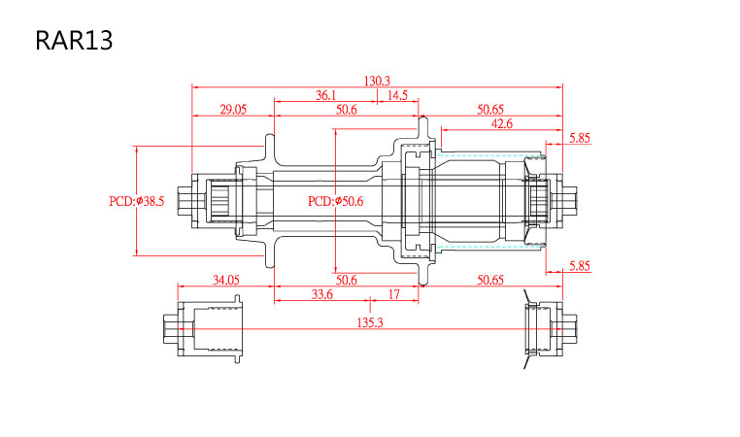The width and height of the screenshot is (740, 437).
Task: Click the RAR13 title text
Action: pyautogui.click(x=74, y=41)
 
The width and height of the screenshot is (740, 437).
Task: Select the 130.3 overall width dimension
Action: pyautogui.click(x=377, y=82)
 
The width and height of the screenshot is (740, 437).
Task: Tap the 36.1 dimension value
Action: pyautogui.click(x=325, y=95)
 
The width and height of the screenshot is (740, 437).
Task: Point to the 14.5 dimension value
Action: pyautogui.click(x=397, y=95)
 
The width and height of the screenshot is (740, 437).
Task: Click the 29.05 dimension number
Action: pyautogui.click(x=233, y=110)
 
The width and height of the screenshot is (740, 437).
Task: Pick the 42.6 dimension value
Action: pyautogui.click(x=502, y=124)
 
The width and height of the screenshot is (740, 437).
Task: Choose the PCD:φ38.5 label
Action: pyautogui.click(x=136, y=202)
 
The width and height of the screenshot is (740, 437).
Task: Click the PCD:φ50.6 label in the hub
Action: pyautogui.click(x=336, y=202)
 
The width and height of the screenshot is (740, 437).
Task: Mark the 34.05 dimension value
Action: pyautogui.click(x=226, y=281)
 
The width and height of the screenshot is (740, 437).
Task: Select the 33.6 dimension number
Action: pyautogui.click(x=322, y=295)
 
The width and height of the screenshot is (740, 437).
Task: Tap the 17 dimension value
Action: pyautogui.click(x=394, y=295)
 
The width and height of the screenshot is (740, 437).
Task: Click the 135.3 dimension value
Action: pyautogui.click(x=370, y=322)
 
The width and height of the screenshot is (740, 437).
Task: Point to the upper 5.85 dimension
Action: pyautogui.click(x=580, y=138)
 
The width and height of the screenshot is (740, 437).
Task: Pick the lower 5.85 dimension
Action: pyautogui.click(x=580, y=266)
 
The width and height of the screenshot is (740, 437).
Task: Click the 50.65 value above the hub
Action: pyautogui.click(x=490, y=110)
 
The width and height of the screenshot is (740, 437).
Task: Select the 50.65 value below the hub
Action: pyautogui.click(x=490, y=281)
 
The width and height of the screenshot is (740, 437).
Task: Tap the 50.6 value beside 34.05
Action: pyautogui.click(x=347, y=281)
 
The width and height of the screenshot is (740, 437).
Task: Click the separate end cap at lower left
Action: pyautogui.click(x=203, y=329)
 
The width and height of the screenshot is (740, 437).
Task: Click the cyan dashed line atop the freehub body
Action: pyautogui.click(x=489, y=153)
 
